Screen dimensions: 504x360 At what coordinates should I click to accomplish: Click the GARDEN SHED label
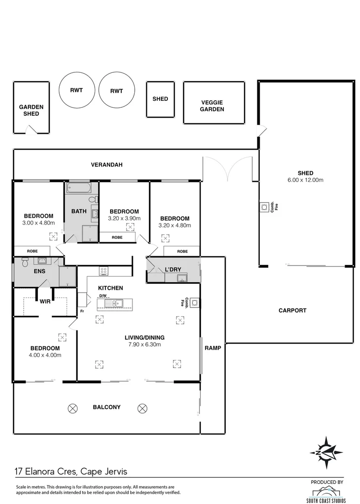click(31, 110)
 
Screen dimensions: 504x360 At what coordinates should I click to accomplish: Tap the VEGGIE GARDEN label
click(212, 106)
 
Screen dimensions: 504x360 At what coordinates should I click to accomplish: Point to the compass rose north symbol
click(327, 452)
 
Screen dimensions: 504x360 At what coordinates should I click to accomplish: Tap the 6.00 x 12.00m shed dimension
click(305, 180)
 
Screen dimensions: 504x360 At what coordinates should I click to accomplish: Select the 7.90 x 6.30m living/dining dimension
click(144, 345)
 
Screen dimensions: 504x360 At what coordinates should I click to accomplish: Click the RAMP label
click(213, 348)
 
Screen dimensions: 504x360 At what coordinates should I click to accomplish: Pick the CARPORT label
click(292, 310)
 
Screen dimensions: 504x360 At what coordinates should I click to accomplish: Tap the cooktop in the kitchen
click(104, 271)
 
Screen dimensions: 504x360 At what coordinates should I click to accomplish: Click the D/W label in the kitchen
click(102, 296)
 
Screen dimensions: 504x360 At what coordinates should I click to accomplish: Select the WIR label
click(45, 301)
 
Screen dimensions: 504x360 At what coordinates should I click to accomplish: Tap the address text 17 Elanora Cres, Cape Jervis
click(71, 471)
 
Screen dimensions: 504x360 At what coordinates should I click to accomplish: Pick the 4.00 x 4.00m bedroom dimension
click(45, 355)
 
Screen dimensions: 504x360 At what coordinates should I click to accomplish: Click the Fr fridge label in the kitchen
click(82, 311)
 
